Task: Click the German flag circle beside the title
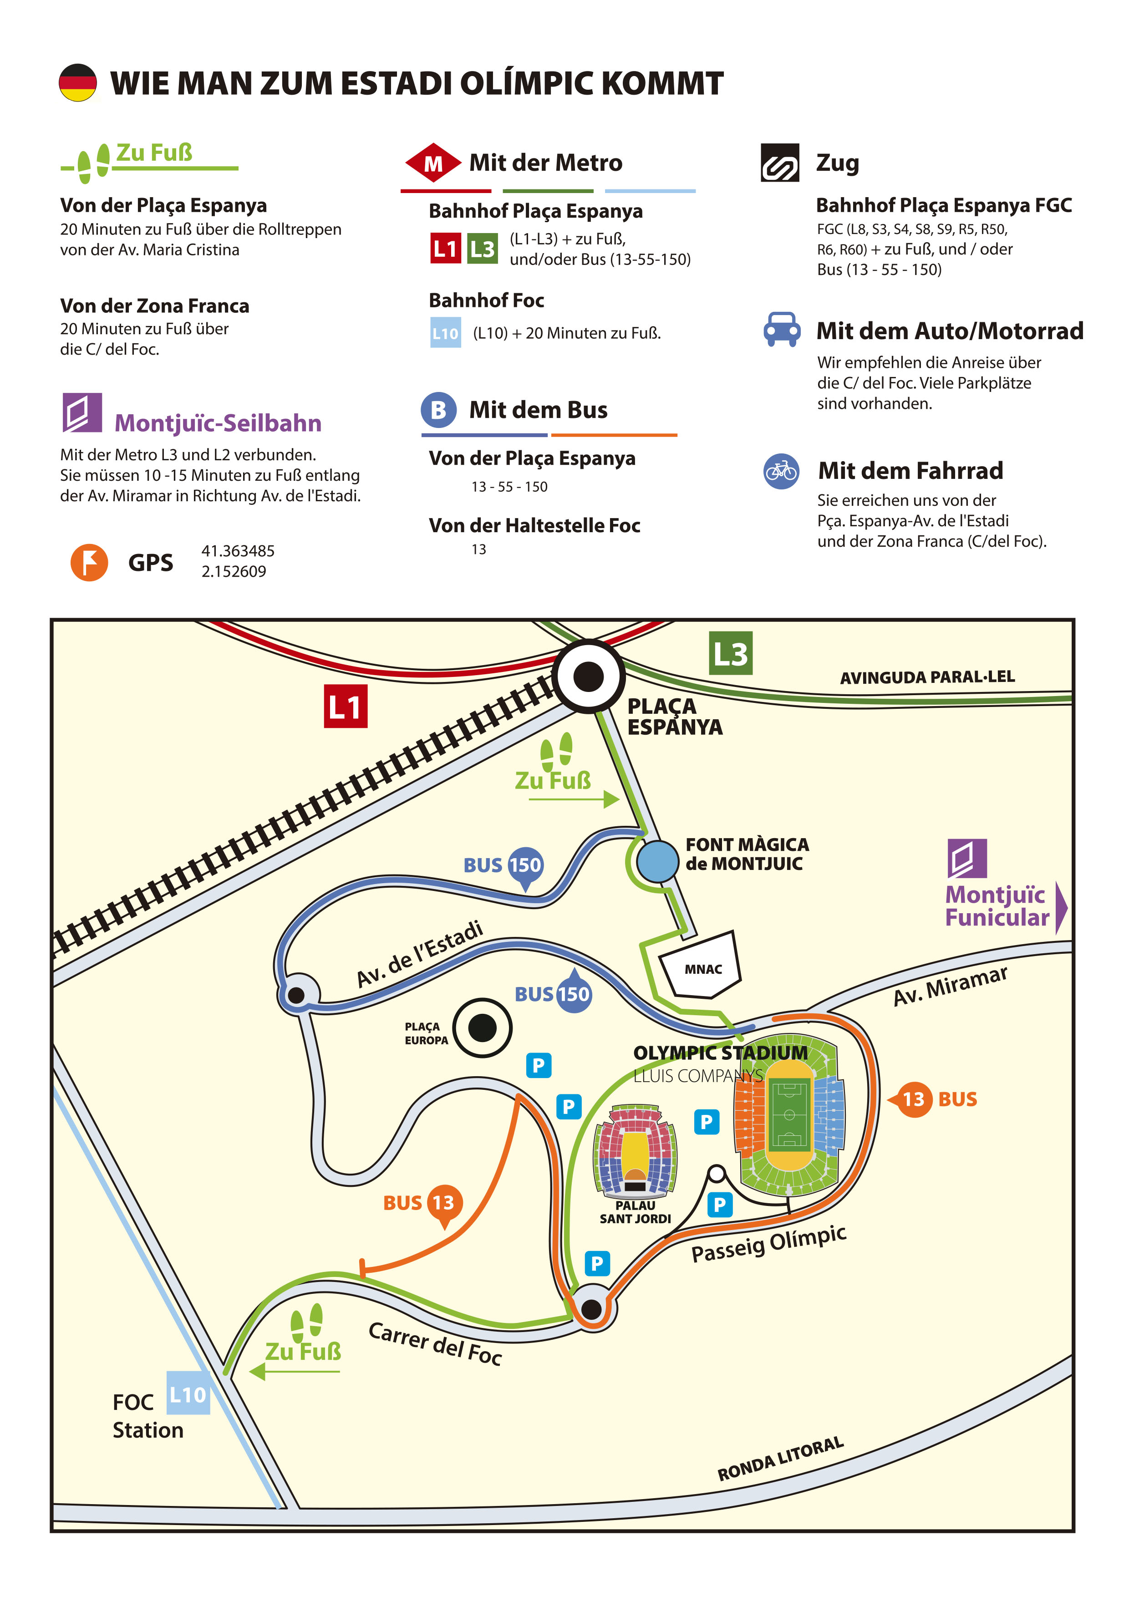(x=77, y=83)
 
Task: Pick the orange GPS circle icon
(x=89, y=562)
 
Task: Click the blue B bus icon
(x=438, y=410)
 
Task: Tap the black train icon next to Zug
(x=780, y=163)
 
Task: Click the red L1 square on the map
(x=345, y=706)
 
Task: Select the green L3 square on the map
(x=730, y=653)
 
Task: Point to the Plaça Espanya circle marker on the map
(x=589, y=676)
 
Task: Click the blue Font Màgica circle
(x=657, y=861)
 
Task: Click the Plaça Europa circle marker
(x=482, y=1027)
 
